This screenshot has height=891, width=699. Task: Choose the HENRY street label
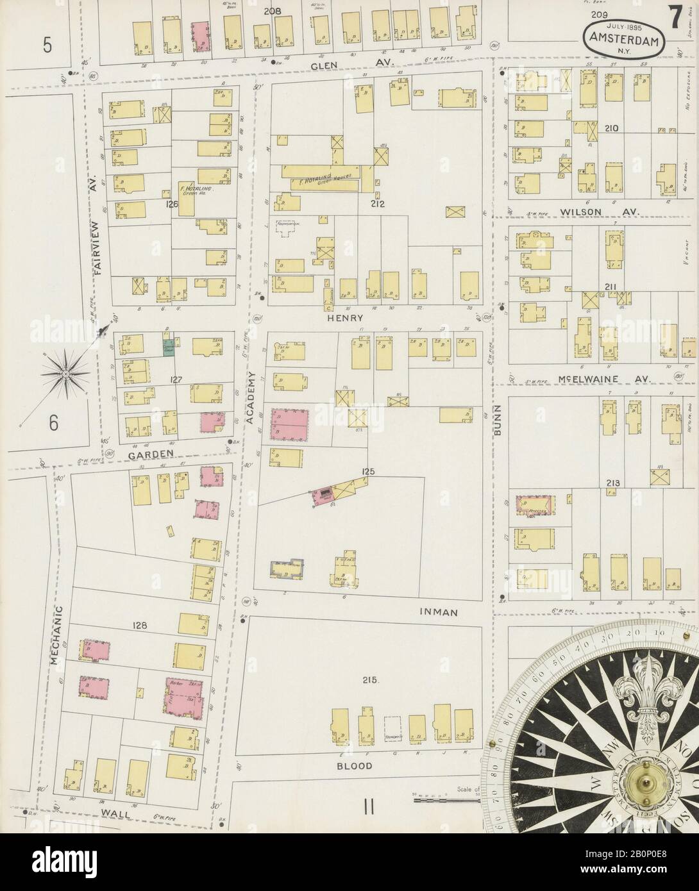[345, 318]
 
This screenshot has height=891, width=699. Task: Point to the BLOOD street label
[355, 765]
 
